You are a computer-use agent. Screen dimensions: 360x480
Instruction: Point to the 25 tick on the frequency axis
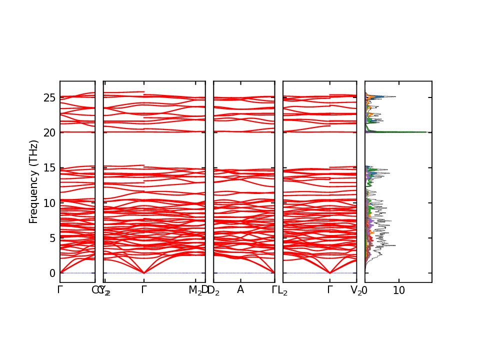coord(49,97)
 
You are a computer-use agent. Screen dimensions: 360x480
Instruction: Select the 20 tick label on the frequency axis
coord(49,132)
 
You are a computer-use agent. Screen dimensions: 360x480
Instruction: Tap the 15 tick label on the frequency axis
coord(49,167)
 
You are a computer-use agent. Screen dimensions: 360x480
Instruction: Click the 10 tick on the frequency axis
coord(49,202)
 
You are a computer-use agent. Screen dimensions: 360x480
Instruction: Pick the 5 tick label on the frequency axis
coord(51,238)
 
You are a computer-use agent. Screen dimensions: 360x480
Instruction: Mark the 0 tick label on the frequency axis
coord(51,273)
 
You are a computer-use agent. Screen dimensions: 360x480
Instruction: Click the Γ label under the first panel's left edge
coord(60,290)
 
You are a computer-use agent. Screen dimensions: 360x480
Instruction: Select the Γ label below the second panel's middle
coord(144,290)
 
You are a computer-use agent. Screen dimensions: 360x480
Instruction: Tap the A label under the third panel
coord(240,290)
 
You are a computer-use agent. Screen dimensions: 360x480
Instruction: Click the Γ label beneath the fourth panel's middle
coord(330,290)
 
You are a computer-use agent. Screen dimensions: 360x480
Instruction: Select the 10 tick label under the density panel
coord(399,290)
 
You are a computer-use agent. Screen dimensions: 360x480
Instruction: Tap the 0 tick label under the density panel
coord(365,290)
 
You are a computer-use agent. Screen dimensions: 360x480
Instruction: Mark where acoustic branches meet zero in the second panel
coord(144,273)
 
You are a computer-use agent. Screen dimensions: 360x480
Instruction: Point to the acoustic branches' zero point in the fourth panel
coord(330,273)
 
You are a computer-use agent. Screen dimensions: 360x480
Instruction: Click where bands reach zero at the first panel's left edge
coord(60,272)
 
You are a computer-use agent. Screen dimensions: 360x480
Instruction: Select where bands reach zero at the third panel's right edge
coord(274,272)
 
